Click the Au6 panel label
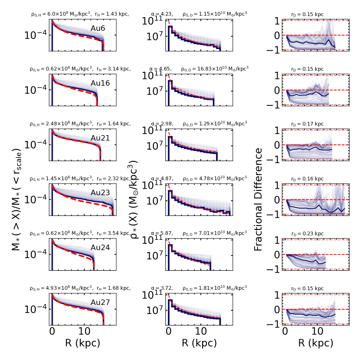coord(100,28)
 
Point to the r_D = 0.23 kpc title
coord(308,233)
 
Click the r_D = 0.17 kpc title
coord(308,124)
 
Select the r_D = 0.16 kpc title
coord(308,178)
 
